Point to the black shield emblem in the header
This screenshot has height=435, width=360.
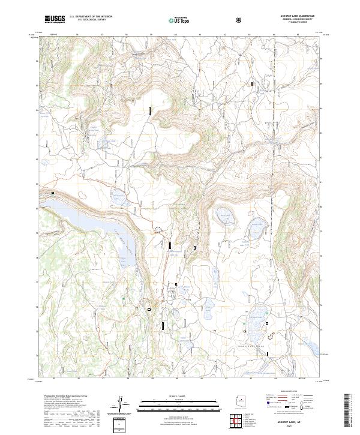pyautogui.click(x=240, y=19)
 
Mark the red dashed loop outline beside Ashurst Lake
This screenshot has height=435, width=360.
pyautogui.click(x=274, y=336)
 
